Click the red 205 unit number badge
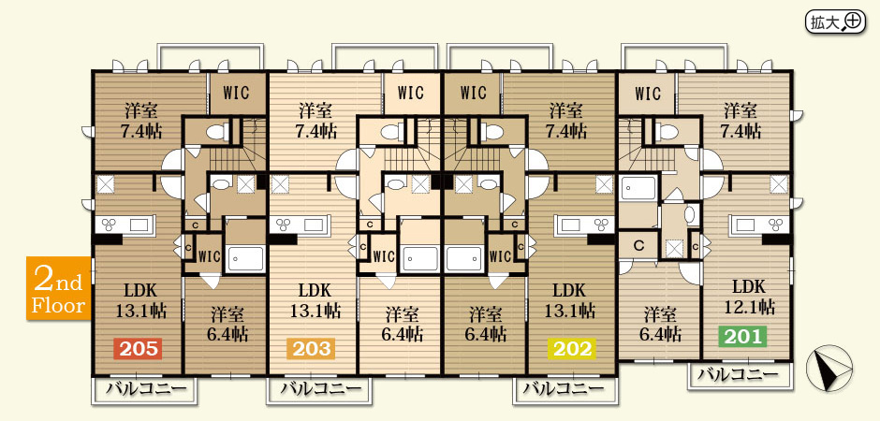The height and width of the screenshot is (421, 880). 138,349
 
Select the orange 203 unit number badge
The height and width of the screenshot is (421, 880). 311,349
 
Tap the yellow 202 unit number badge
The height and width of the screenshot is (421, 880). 571,349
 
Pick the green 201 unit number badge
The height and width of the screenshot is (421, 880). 743,337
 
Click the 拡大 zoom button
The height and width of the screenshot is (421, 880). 835,22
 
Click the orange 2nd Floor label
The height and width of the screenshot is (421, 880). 58,288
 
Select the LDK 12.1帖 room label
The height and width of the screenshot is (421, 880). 749,298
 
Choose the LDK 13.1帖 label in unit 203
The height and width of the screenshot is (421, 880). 315,300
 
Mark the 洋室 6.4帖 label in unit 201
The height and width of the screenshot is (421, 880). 661,324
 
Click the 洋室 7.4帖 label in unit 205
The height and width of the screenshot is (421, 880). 141,121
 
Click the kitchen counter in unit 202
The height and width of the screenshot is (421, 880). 584,225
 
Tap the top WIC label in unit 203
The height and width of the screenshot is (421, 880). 411,92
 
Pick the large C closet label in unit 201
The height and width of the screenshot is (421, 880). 638,245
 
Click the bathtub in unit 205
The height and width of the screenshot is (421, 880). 245,258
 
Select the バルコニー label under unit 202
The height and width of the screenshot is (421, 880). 564,388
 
